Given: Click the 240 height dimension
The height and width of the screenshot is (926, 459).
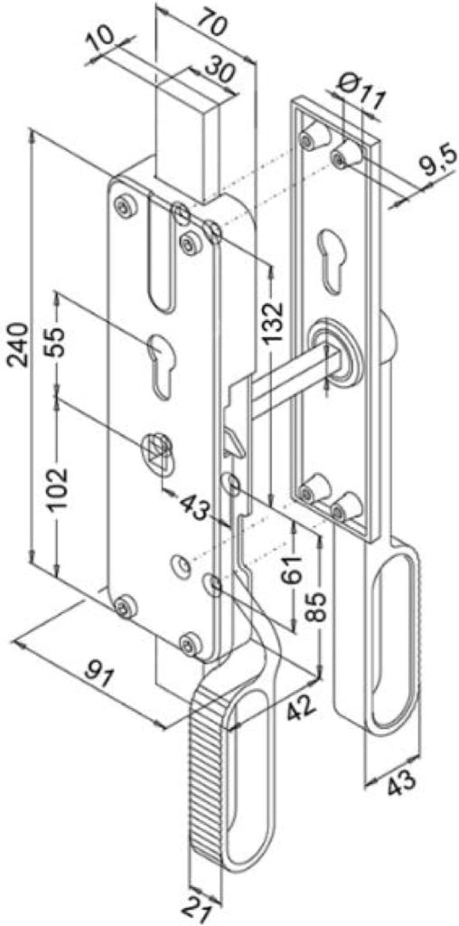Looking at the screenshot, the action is click(x=18, y=345).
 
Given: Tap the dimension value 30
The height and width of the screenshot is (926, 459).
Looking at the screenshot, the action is click(x=220, y=72).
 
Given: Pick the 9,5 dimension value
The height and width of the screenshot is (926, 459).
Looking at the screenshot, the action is click(x=435, y=163).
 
